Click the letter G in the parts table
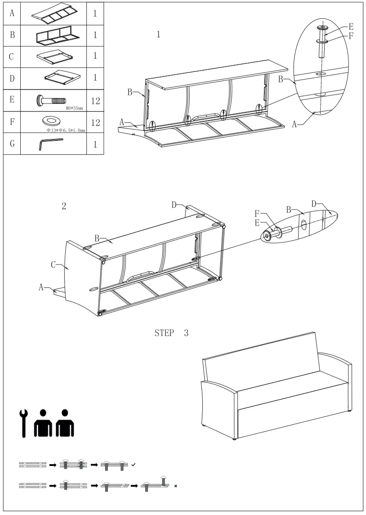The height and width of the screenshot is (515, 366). coord(12,143)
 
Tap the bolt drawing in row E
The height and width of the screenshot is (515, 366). coord(51,100)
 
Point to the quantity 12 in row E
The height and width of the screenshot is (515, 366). coord(95,100)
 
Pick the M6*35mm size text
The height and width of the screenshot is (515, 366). coord(74,108)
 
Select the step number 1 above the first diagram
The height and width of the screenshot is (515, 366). coord(158,35)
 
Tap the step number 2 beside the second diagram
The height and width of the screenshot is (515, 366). coord(64,206)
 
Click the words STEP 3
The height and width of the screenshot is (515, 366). coord(172,333)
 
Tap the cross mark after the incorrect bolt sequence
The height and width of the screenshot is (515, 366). coord(175,486)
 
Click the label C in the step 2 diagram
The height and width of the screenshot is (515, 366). coord(54,265)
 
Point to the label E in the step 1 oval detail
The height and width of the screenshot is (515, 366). coord(351,27)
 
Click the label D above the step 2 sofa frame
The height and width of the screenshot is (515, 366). coord(174,205)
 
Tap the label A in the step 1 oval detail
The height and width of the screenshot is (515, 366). coord(295,125)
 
